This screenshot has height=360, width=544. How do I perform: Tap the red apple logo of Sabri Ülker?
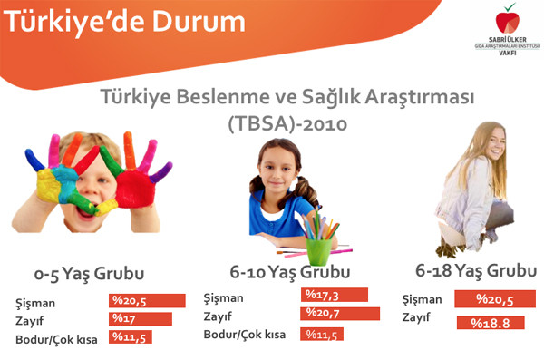(500, 21)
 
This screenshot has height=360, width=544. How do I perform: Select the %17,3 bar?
(334, 295)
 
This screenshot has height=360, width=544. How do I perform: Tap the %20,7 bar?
(340, 314)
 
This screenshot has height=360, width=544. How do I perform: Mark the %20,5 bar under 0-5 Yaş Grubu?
(146, 300)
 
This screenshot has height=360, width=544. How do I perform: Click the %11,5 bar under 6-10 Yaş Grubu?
(322, 334)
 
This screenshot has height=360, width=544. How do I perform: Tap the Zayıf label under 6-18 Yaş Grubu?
(416, 318)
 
